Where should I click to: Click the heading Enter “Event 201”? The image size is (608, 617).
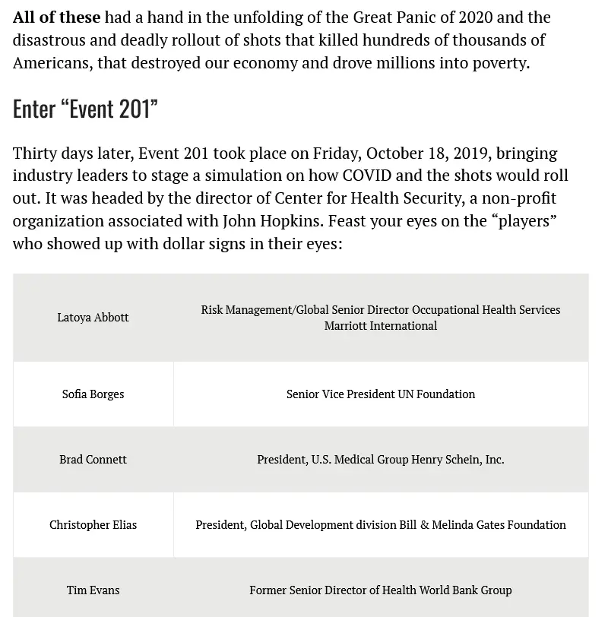click(x=85, y=109)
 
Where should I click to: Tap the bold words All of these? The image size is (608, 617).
click(x=56, y=17)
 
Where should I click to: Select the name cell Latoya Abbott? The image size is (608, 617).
click(x=93, y=317)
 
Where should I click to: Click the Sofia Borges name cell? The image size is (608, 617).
click(x=93, y=394)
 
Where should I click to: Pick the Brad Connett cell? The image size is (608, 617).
click(x=93, y=459)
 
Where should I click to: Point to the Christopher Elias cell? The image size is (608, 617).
click(x=93, y=524)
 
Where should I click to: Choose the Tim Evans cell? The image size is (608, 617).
click(x=93, y=590)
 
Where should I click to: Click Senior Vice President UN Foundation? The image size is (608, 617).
click(x=380, y=394)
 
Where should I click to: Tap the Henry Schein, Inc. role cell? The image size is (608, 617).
click(x=380, y=459)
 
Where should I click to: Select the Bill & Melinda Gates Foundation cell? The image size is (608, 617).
click(x=380, y=524)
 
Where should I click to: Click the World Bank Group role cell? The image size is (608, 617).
click(x=380, y=590)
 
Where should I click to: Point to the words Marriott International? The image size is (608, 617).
click(x=380, y=326)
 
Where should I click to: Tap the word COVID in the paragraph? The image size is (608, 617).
click(x=367, y=176)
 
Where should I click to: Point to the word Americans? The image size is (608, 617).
click(x=51, y=62)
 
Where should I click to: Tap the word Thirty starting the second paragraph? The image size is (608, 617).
click(x=37, y=153)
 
